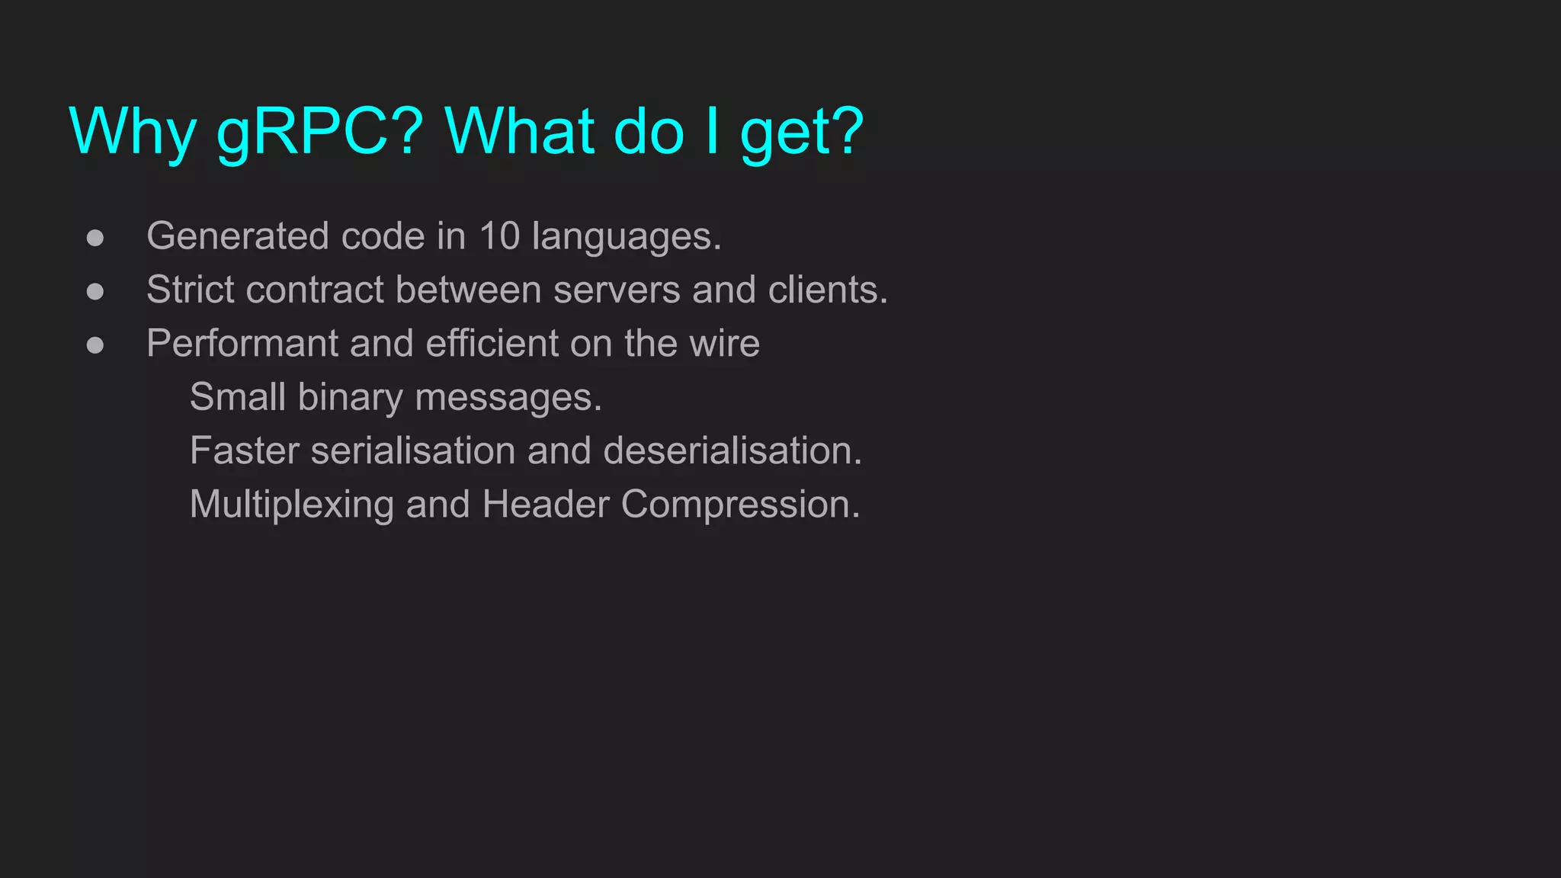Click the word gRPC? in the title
[319, 131]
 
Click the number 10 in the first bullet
[499, 236]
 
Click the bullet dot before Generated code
[95, 238]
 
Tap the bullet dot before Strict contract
[95, 291]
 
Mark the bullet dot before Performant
[95, 345]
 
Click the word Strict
[191, 290]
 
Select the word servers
[617, 290]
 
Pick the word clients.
[828, 290]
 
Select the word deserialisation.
[732, 450]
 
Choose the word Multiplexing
[291, 505]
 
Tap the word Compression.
[740, 505]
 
